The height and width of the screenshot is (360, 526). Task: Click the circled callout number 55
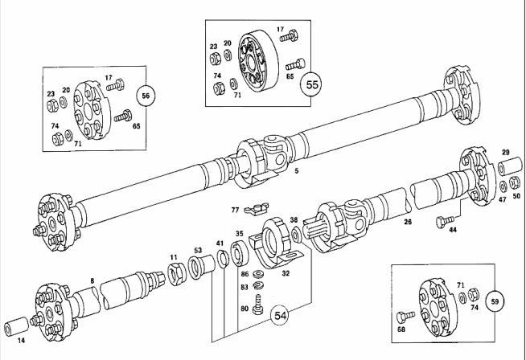coord(311,84)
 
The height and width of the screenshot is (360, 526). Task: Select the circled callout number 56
coord(146,96)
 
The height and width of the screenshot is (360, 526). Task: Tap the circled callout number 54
coord(281,316)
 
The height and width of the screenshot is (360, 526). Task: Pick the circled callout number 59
coord(495,301)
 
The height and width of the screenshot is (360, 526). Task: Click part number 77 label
coord(235,211)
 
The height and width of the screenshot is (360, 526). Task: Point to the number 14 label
coord(21,341)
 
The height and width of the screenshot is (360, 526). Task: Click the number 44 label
coord(453,231)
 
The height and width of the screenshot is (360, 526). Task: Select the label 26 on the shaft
coord(408,222)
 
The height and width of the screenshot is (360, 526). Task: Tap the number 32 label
coord(286,273)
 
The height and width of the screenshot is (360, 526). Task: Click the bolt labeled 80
coord(258,305)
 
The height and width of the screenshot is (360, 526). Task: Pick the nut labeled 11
coord(175,274)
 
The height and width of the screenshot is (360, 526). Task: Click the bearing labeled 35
coord(240,252)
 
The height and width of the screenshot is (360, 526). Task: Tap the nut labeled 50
coord(514,182)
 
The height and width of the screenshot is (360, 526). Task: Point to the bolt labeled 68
coord(405,317)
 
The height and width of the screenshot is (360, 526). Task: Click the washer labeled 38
coord(296,234)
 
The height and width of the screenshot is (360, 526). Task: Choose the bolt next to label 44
coord(446,222)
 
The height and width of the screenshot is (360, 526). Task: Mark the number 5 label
coord(296,170)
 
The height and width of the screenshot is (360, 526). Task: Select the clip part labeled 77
coord(257,208)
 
